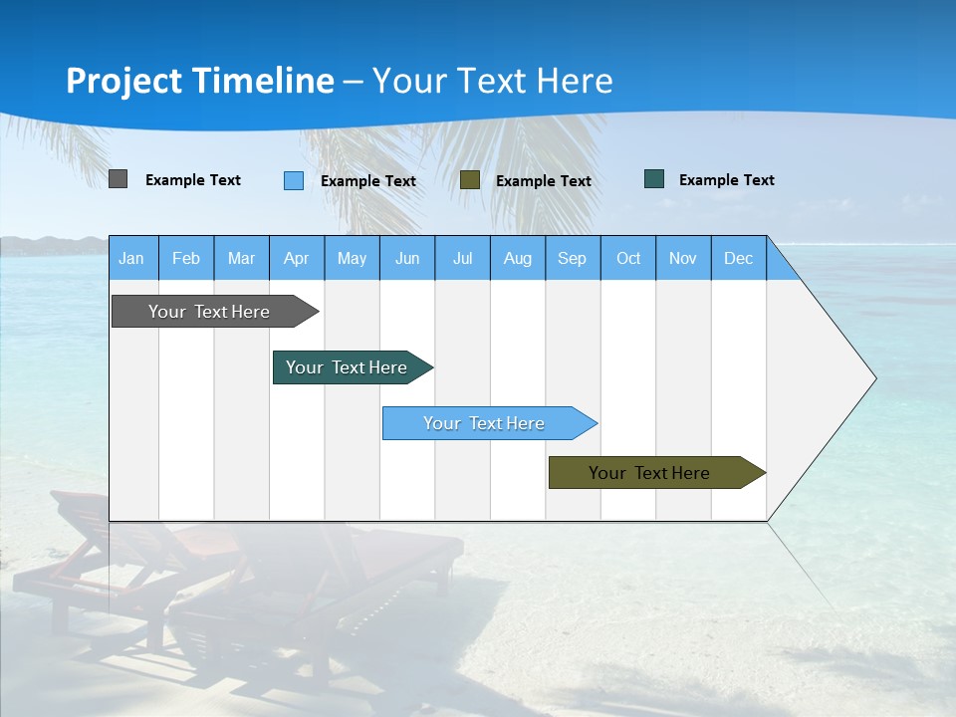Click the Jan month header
pyautogui.click(x=131, y=259)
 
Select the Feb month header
pyautogui.click(x=186, y=259)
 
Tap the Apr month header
pyautogui.click(x=296, y=259)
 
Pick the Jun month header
pyautogui.click(x=406, y=259)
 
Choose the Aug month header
pyautogui.click(x=517, y=259)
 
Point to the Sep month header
pyautogui.click(x=572, y=259)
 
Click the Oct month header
pyautogui.click(x=627, y=259)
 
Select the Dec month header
pyautogui.click(x=738, y=259)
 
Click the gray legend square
pyautogui.click(x=119, y=179)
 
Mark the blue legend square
pyautogui.click(x=294, y=180)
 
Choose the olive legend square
pyautogui.click(x=470, y=180)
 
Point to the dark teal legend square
pyautogui.click(x=654, y=179)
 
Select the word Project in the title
pyautogui.click(x=123, y=81)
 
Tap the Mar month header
pyautogui.click(x=241, y=259)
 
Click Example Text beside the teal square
pyautogui.click(x=726, y=180)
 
